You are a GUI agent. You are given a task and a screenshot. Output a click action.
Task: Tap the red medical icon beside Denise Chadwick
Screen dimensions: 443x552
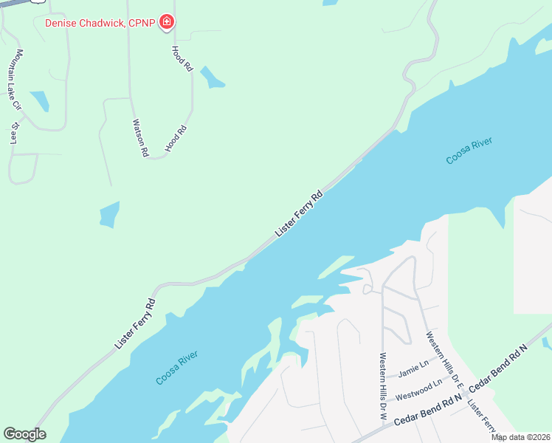tap(168, 22)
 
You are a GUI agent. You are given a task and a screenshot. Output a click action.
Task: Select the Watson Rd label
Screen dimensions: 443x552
tap(140, 138)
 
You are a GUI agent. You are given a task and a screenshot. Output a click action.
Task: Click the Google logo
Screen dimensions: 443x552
tap(24, 434)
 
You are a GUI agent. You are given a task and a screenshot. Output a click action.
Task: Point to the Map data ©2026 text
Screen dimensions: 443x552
tap(520, 437)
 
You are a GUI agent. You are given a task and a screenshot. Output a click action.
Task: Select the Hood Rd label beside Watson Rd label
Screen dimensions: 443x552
tap(176, 139)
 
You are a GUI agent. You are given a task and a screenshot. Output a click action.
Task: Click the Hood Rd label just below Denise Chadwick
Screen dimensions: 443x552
tap(182, 58)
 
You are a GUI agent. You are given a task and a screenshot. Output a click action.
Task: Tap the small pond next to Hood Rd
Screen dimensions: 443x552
tap(212, 78)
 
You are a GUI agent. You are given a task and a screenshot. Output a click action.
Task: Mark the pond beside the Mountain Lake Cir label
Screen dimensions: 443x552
tap(39, 101)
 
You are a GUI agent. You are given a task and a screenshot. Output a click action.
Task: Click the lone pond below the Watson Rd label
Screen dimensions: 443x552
tap(109, 214)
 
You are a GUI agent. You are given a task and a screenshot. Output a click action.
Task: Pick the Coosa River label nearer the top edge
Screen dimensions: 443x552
tap(469, 151)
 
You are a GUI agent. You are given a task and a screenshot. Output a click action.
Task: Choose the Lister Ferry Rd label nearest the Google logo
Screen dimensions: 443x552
tap(135, 324)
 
